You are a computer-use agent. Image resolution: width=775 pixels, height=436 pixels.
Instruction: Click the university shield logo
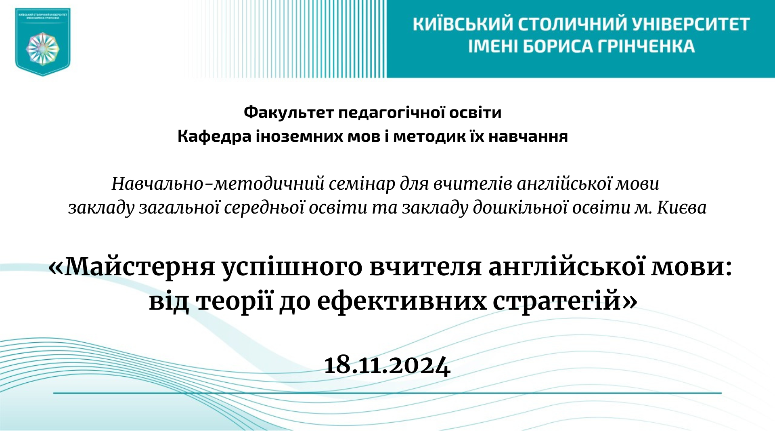(43, 42)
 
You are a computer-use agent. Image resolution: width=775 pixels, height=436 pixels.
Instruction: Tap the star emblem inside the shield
(43, 49)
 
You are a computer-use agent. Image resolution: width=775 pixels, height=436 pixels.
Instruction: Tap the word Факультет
(288, 112)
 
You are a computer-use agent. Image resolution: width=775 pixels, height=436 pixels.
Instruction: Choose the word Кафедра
(214, 136)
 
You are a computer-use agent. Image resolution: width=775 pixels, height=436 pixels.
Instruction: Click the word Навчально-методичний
(217, 184)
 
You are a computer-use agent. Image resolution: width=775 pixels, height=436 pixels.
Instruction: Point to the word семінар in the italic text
(361, 184)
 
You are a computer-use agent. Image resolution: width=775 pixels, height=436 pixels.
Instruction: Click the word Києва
(682, 208)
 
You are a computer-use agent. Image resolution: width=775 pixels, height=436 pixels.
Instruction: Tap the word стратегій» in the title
(565, 301)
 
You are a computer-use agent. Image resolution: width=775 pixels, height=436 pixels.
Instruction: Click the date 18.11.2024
(387, 366)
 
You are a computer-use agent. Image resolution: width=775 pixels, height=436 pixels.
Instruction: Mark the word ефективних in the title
(402, 301)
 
